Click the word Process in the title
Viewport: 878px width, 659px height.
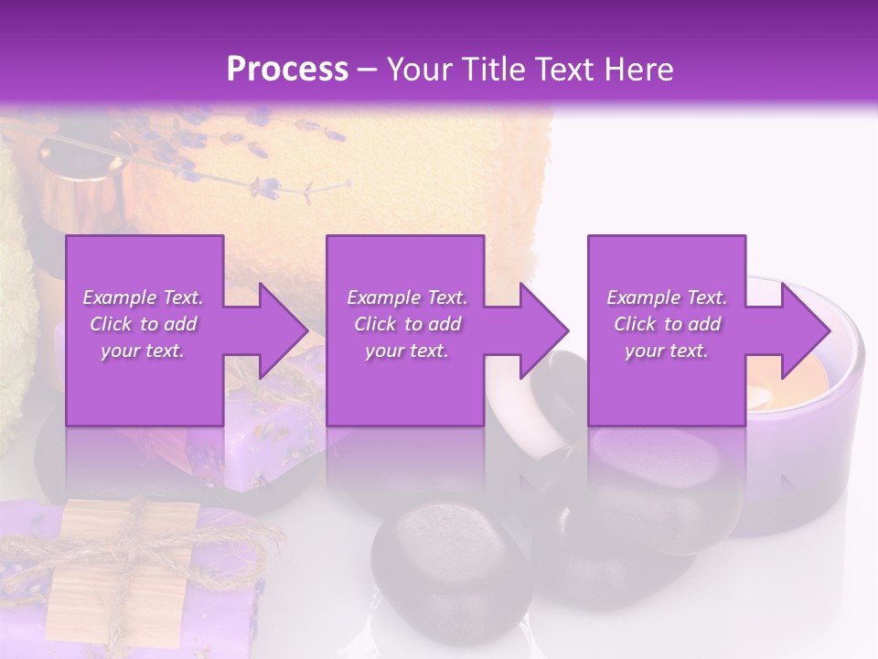click(x=287, y=69)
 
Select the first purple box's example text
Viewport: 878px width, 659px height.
click(x=143, y=324)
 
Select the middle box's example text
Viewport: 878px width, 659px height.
click(x=406, y=324)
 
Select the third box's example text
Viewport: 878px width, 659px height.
click(x=667, y=324)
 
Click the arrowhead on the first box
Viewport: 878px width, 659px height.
click(x=279, y=330)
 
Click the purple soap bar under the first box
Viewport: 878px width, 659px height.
click(x=265, y=439)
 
